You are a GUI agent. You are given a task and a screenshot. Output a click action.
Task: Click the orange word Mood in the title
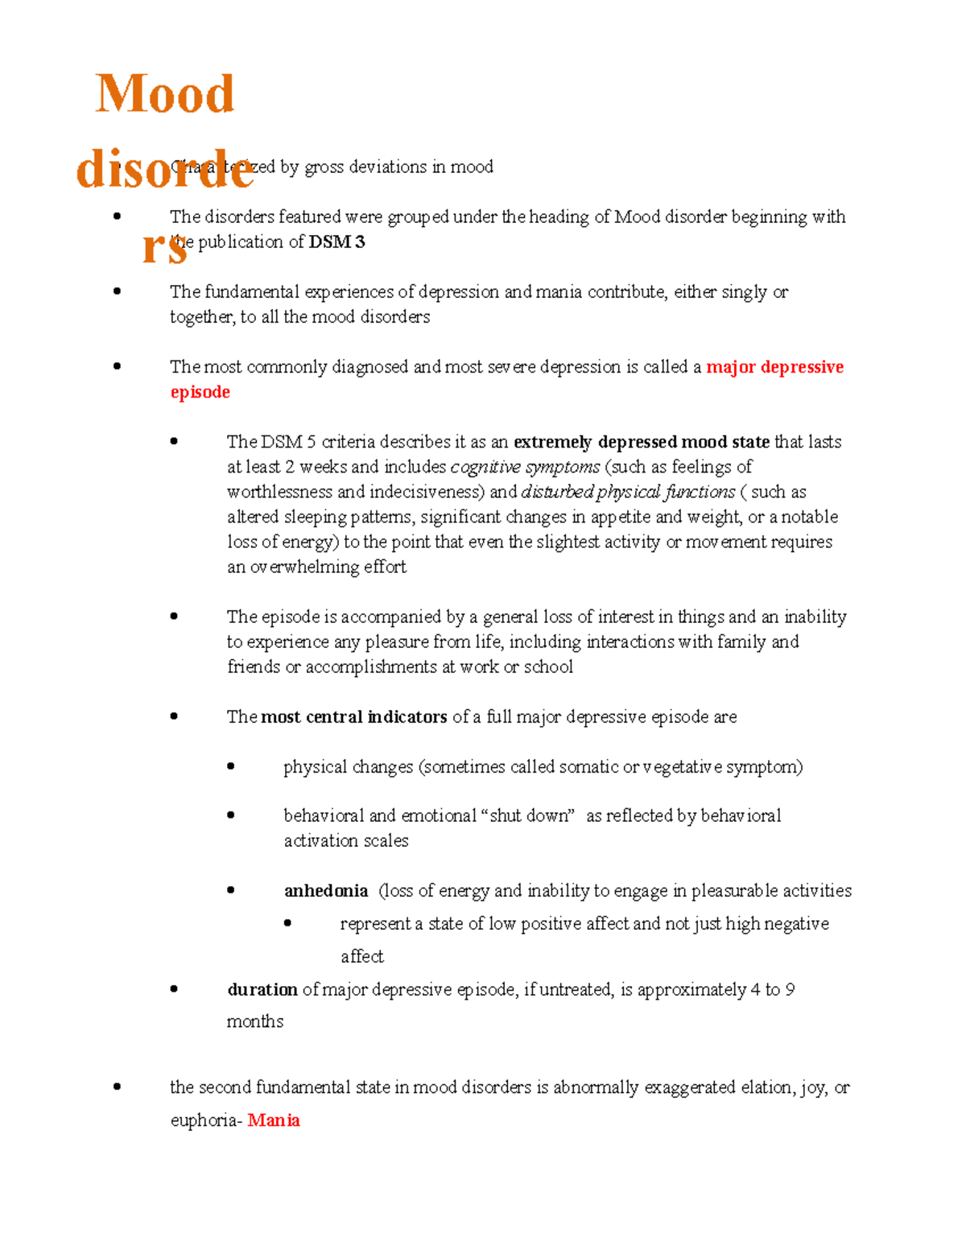165,94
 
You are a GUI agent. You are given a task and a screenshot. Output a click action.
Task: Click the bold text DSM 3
336,241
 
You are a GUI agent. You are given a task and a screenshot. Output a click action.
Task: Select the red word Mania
274,1120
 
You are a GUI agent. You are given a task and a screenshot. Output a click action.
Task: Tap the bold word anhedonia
326,890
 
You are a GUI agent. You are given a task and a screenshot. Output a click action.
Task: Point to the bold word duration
262,989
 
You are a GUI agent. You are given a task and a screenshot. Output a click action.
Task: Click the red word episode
200,392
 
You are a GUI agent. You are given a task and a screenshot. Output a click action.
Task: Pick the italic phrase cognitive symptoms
525,467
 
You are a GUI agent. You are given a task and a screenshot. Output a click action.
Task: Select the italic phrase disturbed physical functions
628,492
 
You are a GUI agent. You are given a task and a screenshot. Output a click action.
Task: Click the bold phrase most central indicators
354,716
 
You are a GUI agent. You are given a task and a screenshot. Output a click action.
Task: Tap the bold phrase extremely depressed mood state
642,442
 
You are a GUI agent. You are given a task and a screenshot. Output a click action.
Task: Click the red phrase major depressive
775,367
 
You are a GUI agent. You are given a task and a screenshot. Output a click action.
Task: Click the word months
255,1021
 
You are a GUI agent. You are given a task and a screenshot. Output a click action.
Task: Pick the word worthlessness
280,492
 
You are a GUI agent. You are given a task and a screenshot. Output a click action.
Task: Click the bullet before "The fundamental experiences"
118,291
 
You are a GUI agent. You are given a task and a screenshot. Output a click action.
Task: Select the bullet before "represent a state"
287,923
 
